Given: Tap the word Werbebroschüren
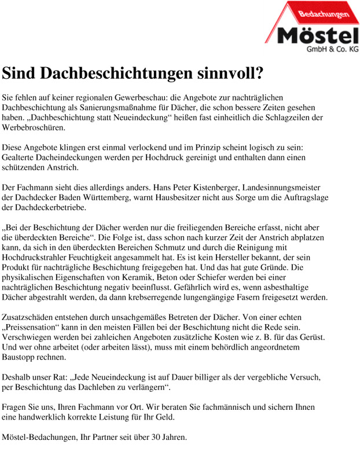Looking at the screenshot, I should pyautogui.click(x=34, y=128).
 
